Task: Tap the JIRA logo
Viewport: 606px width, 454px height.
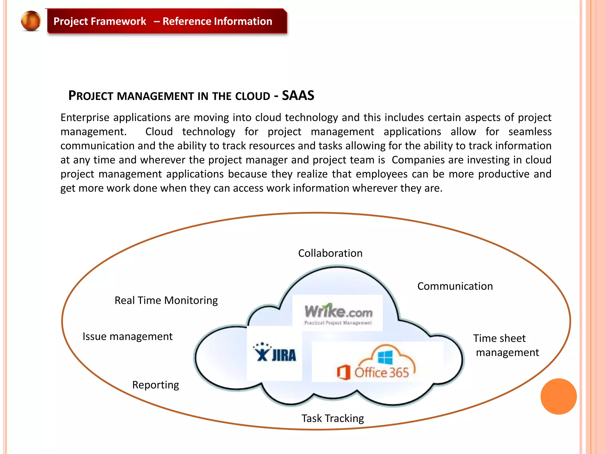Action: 275,354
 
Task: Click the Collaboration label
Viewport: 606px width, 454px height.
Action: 330,253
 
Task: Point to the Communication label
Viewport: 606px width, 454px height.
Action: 455,286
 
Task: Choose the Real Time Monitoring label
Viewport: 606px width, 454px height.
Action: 166,300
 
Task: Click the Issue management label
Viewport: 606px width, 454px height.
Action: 127,336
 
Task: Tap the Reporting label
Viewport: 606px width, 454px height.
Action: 155,385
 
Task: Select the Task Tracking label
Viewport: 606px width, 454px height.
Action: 333,418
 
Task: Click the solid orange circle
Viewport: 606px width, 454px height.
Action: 558,396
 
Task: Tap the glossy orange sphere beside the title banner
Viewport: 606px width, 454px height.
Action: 31,21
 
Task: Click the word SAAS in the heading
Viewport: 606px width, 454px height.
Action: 298,95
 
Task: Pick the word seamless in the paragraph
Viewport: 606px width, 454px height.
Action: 530,132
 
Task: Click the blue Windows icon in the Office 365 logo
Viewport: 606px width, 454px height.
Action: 385,357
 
